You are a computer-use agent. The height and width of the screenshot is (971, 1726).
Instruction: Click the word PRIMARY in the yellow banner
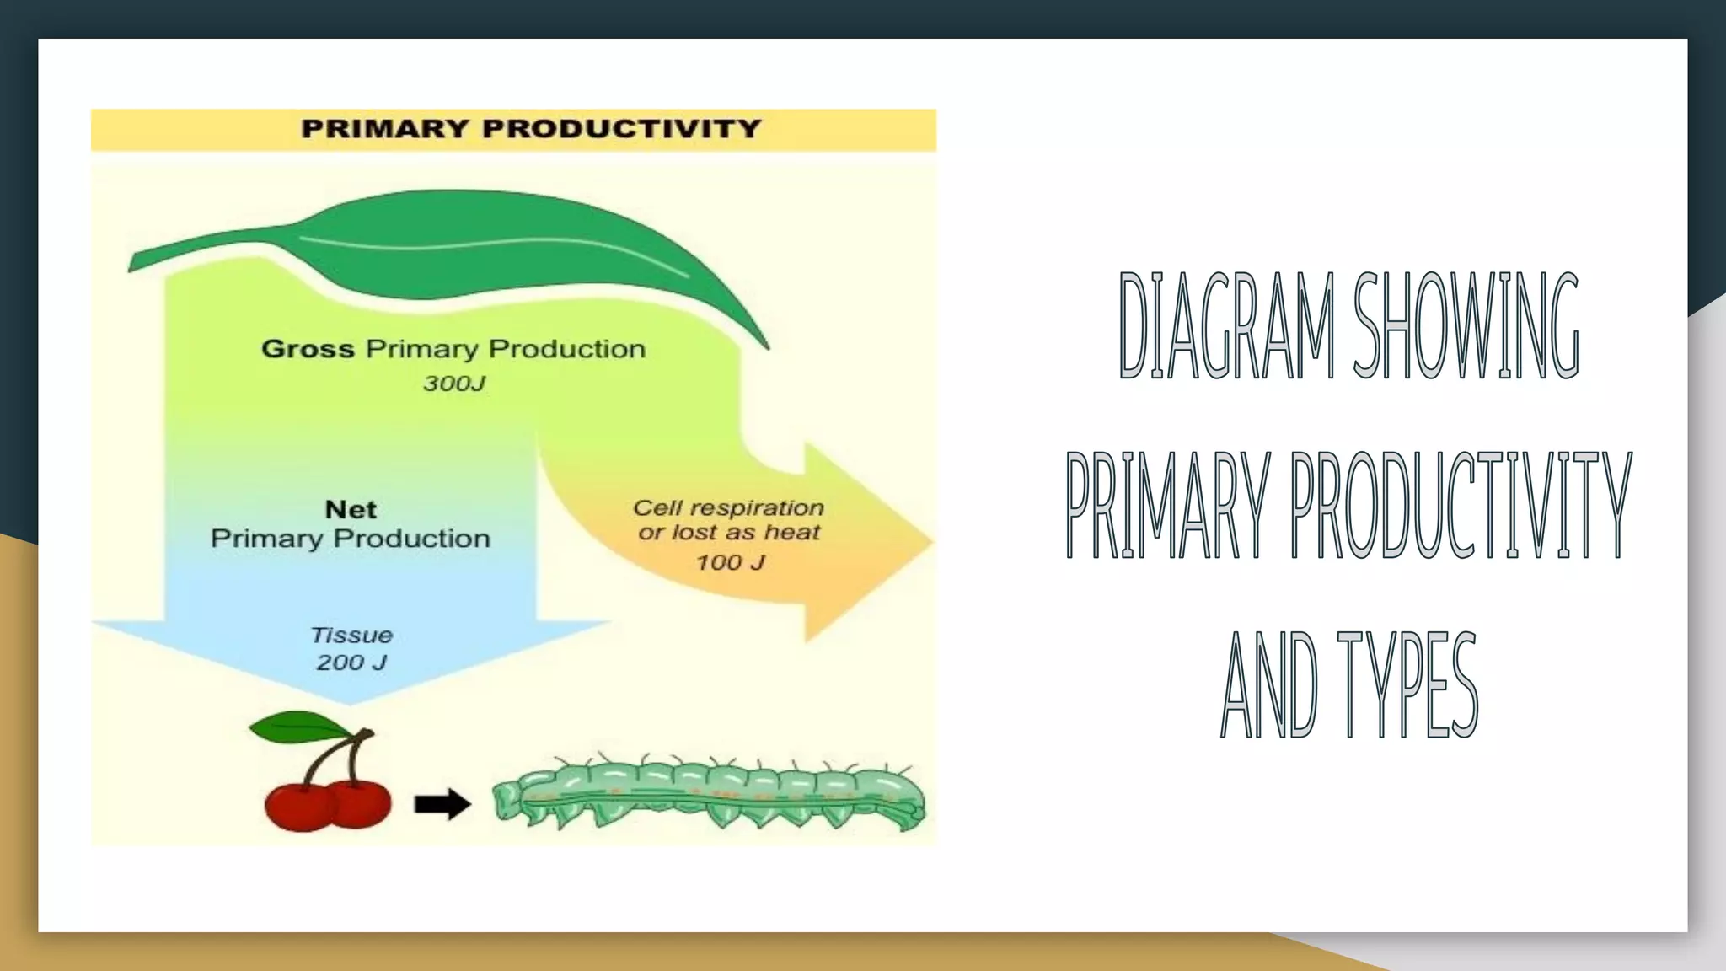[x=385, y=129]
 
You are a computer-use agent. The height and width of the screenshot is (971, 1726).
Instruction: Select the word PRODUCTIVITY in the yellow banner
[x=622, y=129]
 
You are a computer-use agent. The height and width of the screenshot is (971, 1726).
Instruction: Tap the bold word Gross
[x=308, y=349]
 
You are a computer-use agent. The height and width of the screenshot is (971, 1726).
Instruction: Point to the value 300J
[x=454, y=384]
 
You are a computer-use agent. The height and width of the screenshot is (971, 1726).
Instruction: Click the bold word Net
[x=351, y=509]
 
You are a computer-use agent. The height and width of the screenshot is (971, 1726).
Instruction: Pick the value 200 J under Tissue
[x=351, y=663]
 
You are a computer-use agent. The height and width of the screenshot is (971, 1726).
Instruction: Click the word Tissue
[x=351, y=635]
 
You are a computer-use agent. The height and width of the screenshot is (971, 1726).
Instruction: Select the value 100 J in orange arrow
[x=730, y=562]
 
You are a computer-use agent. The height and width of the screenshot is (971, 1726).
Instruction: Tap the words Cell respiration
[x=728, y=507]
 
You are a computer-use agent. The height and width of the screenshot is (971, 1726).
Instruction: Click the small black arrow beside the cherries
[x=442, y=803]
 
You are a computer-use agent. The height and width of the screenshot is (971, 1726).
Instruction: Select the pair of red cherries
[x=328, y=803]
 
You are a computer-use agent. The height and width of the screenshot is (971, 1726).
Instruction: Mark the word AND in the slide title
[x=1268, y=684]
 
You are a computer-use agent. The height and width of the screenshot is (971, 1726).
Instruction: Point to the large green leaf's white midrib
[x=489, y=245]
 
